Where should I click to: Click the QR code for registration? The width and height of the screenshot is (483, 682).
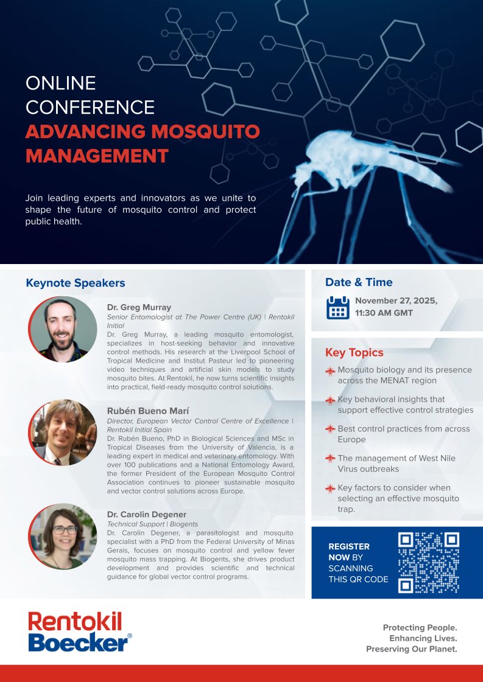(428, 562)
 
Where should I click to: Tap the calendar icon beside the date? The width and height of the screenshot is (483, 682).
(337, 307)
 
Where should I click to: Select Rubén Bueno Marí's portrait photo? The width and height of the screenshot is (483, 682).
(63, 433)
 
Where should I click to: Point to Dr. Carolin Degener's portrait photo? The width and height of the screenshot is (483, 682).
(63, 536)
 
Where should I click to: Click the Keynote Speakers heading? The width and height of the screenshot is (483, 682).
(75, 283)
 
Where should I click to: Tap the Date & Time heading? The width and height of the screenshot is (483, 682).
(359, 282)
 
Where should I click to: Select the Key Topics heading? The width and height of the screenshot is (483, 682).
(354, 353)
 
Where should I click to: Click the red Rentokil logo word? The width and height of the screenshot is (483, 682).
(75, 621)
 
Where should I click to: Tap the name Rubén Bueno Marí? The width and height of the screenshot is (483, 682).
(144, 411)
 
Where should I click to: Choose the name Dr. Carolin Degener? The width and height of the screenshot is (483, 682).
(147, 515)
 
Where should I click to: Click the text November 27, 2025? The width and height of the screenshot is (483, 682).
(396, 301)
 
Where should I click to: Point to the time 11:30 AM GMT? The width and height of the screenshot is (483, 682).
(384, 313)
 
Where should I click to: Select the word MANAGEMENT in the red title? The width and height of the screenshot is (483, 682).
(97, 156)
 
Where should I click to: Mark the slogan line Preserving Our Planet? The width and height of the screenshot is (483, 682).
(411, 649)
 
